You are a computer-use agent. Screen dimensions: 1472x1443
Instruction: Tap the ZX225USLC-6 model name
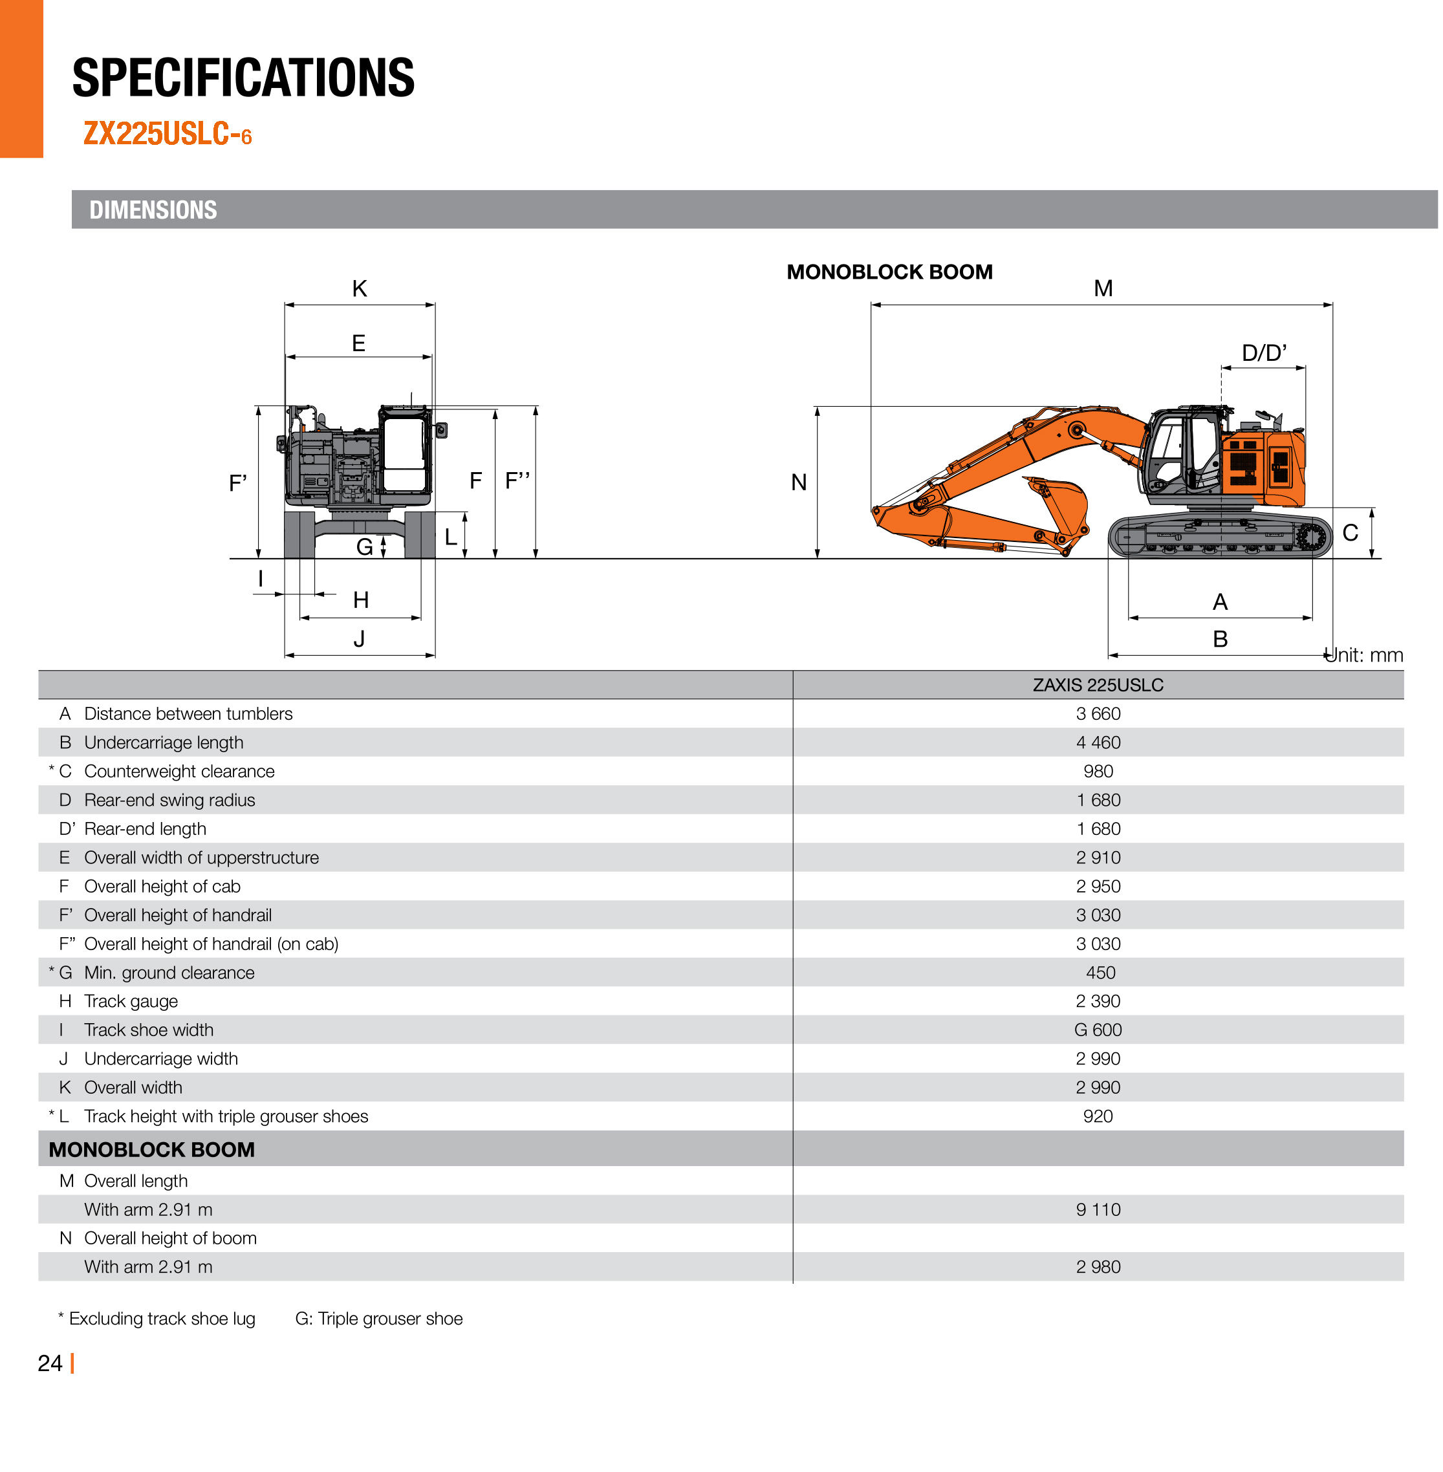(167, 134)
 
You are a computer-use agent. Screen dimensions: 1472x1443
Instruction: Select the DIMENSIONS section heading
(153, 210)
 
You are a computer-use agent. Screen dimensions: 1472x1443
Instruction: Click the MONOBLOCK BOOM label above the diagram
(889, 272)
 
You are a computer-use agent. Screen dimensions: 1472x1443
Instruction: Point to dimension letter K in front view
(359, 289)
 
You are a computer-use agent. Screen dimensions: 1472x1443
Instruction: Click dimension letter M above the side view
(1103, 289)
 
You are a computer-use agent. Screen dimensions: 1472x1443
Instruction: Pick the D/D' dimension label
(1263, 353)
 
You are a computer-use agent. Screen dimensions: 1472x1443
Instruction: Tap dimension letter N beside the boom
(799, 483)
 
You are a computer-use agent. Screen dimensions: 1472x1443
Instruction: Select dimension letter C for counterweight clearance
(1350, 533)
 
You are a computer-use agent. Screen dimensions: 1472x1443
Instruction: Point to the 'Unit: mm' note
(1364, 655)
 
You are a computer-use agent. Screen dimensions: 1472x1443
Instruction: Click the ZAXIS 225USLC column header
(1098, 685)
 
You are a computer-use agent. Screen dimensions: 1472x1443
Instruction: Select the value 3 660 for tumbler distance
(1098, 714)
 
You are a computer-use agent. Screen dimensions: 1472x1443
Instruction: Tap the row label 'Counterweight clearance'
(179, 772)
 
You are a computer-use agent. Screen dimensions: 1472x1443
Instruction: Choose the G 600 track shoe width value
(1098, 1030)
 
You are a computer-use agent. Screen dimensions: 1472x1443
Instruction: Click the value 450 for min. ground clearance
(1100, 973)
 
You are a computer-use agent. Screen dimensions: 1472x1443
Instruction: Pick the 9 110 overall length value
(1098, 1209)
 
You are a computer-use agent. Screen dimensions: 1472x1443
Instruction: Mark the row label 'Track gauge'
(131, 1001)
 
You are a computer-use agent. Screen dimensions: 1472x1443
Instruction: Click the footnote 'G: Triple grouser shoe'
(379, 1319)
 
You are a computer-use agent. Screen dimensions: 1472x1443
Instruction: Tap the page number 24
(50, 1363)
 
